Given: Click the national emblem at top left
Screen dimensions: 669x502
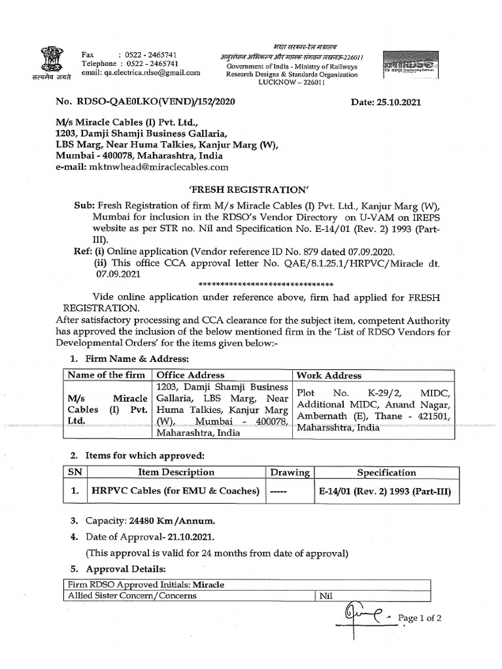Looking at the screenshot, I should [49, 60].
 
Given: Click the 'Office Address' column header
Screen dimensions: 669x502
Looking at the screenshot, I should [189, 375].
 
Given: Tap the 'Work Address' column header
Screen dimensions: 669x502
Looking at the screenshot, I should [329, 375].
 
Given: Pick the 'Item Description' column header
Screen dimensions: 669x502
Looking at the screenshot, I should [176, 472].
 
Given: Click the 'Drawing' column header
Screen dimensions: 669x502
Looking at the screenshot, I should [290, 472].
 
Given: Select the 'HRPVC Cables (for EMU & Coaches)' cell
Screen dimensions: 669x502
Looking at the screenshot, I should [175, 491].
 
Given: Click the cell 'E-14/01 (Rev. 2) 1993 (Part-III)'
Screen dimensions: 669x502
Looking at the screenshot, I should [386, 491].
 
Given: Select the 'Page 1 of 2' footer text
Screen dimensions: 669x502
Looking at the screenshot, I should [420, 618].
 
